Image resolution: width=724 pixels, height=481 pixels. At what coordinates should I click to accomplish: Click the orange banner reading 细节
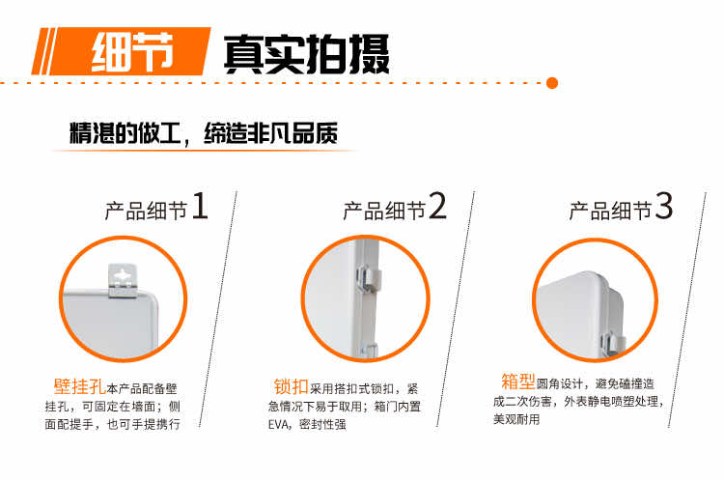tap(121, 51)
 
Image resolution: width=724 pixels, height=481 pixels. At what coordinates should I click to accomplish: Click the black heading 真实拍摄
tap(307, 54)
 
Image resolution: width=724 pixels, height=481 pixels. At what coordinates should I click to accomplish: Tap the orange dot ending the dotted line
tap(552, 83)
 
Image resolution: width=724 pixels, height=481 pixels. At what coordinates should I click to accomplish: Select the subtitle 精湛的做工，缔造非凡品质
tap(204, 133)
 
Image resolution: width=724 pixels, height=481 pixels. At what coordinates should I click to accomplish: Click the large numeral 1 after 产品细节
tap(200, 206)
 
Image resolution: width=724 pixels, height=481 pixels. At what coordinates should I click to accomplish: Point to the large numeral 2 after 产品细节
tap(437, 206)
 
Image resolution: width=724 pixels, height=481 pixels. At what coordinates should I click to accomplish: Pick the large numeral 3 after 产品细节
tap(664, 206)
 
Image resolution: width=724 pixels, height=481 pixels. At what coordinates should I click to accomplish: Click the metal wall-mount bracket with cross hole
tap(123, 280)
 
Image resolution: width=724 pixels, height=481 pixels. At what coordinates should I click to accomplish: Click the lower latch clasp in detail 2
tap(369, 351)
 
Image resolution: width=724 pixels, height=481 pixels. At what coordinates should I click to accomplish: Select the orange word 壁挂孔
tap(79, 386)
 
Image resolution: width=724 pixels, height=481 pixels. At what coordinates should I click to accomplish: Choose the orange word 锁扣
tap(291, 386)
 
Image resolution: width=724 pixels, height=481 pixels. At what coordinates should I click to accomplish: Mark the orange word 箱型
tap(518, 382)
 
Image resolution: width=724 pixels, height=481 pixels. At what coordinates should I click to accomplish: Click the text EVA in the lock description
tap(279, 424)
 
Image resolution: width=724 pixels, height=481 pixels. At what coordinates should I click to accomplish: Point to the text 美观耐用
tap(516, 419)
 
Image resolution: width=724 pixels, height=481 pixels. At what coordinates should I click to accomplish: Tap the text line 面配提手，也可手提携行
tap(112, 424)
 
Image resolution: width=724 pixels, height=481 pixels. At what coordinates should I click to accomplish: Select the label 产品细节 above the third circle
tap(610, 211)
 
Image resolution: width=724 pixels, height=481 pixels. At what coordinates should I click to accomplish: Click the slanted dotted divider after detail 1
tap(218, 309)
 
